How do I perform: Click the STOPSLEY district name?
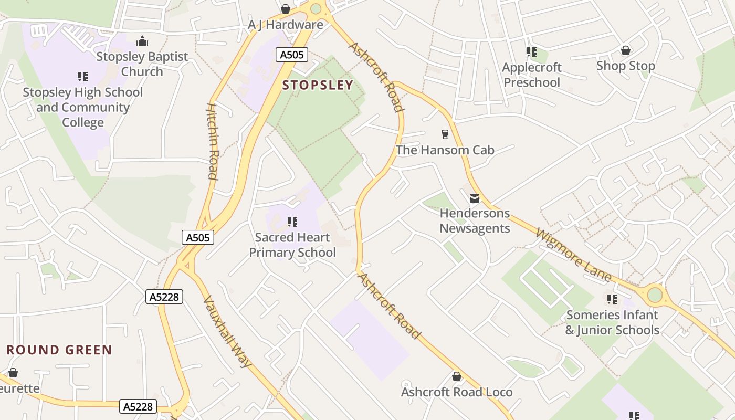pyautogui.click(x=318, y=85)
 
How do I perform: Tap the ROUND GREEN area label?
pyautogui.click(x=59, y=350)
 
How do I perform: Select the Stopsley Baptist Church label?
pyautogui.click(x=142, y=64)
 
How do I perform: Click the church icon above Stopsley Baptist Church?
pyautogui.click(x=142, y=41)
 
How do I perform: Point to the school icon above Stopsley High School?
pyautogui.click(x=82, y=77)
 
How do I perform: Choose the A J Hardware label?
pyautogui.click(x=286, y=25)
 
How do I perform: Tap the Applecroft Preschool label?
pyautogui.click(x=532, y=75)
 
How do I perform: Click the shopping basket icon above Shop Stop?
pyautogui.click(x=625, y=50)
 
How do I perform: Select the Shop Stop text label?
pyautogui.click(x=625, y=66)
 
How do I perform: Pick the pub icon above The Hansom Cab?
pyautogui.click(x=445, y=134)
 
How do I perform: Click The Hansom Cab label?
pyautogui.click(x=445, y=150)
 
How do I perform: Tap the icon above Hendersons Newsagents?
pyautogui.click(x=475, y=198)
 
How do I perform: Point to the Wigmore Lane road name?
pyautogui.click(x=574, y=255)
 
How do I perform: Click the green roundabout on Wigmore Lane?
pyautogui.click(x=655, y=295)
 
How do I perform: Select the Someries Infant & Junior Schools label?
pyautogui.click(x=612, y=322)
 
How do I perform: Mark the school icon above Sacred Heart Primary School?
pyautogui.click(x=292, y=222)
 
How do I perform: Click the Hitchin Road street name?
pyautogui.click(x=212, y=142)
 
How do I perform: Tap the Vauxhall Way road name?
pyautogui.click(x=227, y=331)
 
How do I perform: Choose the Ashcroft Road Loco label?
pyautogui.click(x=457, y=392)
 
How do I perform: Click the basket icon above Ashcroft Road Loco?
pyautogui.click(x=457, y=376)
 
